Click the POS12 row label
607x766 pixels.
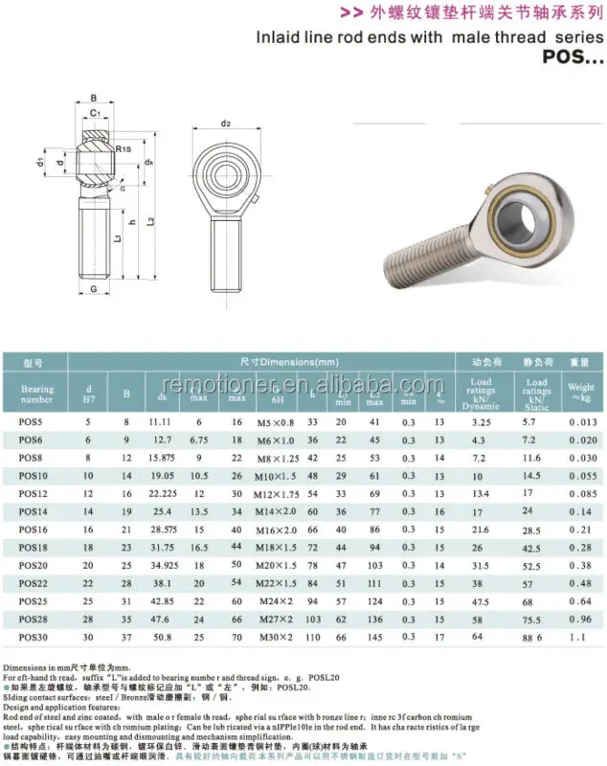[x=33, y=493]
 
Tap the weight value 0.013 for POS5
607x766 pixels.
[x=581, y=421]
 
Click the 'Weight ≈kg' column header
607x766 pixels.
[x=581, y=393]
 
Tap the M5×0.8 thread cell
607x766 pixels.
[x=278, y=421]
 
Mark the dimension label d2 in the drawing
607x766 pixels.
[x=226, y=124]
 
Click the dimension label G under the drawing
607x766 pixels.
[x=93, y=287]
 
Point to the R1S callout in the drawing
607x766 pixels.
[x=124, y=149]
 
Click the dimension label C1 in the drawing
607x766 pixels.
[x=93, y=113]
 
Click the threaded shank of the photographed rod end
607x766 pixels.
[x=422, y=246]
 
